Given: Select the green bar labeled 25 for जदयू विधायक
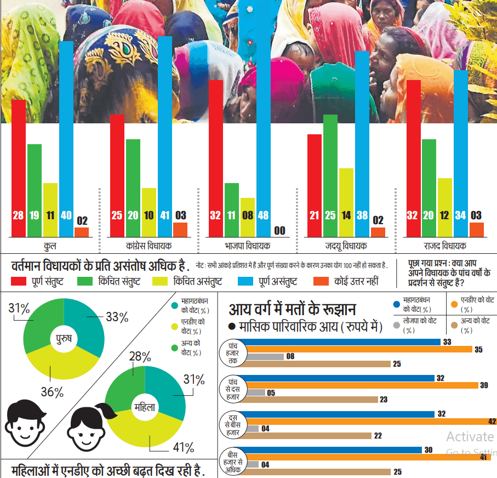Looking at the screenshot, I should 330,175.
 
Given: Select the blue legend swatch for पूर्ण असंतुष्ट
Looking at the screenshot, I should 245,281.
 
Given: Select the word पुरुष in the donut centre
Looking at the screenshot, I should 64,339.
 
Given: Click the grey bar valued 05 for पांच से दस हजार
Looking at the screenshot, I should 255,392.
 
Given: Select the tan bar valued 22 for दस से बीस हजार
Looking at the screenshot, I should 310,436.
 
